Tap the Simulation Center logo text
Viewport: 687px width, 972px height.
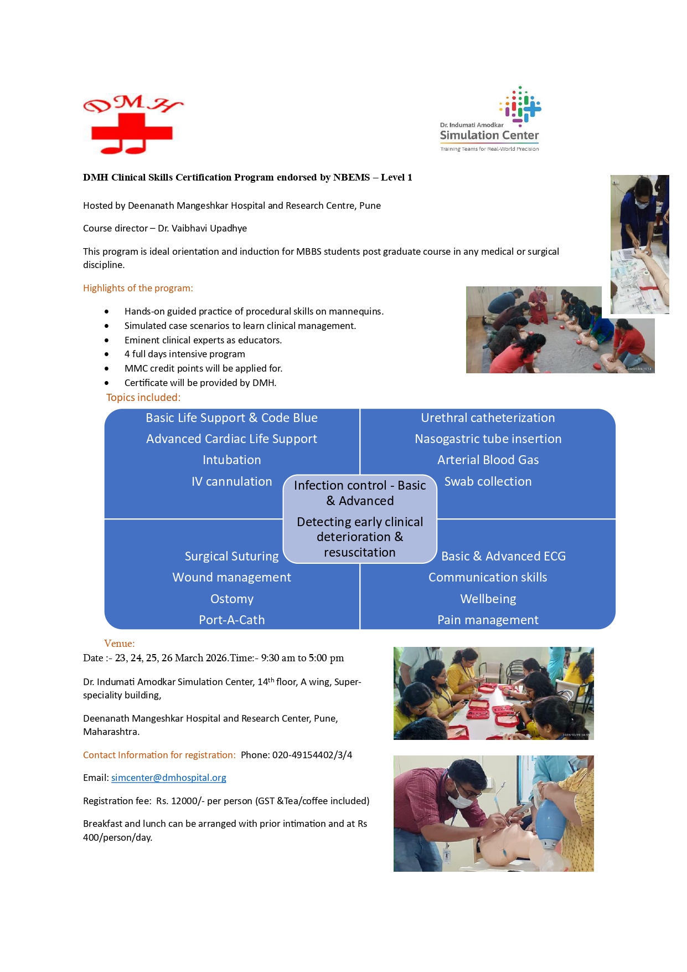(489, 135)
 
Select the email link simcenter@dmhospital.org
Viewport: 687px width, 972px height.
(169, 778)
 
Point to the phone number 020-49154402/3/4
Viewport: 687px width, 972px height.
(312, 755)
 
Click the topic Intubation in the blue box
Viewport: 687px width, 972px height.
(231, 460)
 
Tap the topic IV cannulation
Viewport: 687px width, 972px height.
(231, 481)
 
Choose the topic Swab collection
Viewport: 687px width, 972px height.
(488, 481)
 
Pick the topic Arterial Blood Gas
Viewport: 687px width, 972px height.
(488, 460)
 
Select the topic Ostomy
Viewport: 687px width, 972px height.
(231, 599)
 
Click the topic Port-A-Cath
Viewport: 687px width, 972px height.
(231, 620)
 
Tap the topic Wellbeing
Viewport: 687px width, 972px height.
(488, 599)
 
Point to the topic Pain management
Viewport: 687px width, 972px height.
(488, 620)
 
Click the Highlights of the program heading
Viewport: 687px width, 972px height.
(138, 288)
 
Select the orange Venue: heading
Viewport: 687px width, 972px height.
(119, 644)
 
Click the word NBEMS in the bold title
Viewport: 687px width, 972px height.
(352, 177)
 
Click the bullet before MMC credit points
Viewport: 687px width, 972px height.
(106, 368)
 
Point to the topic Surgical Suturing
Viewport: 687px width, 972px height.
(231, 556)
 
